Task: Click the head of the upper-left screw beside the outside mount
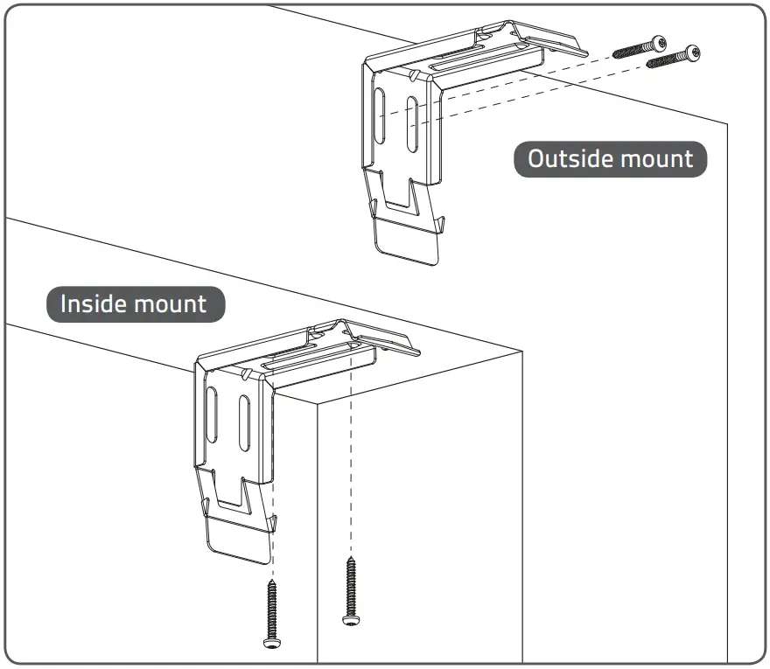[x=658, y=42]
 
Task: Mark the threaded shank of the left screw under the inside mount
[x=270, y=608]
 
